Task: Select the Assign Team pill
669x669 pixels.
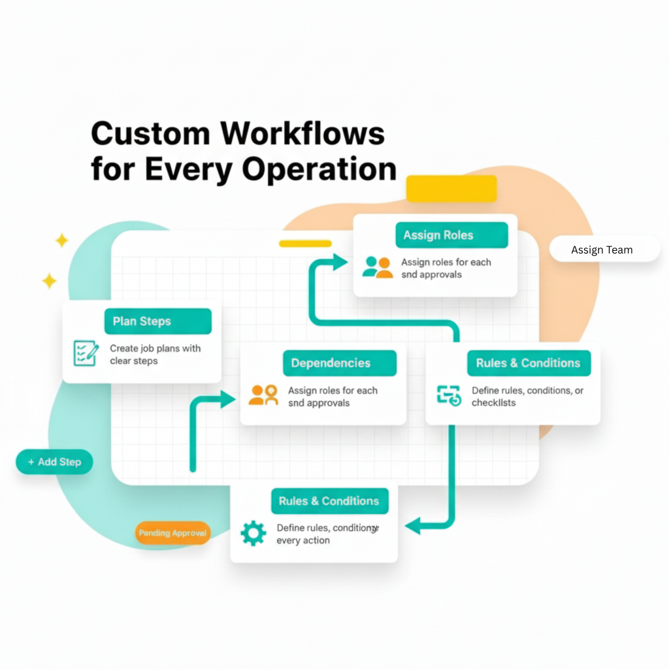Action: [x=602, y=250]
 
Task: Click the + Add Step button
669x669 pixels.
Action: [x=54, y=462]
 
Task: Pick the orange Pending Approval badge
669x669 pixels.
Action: [x=172, y=533]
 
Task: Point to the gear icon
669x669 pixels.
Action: [x=253, y=533]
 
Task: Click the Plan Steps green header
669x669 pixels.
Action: [x=157, y=321]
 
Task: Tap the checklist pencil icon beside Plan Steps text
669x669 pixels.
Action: [x=86, y=353]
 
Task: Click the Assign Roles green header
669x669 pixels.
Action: [x=451, y=235]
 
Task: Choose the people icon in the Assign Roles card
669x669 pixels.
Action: [x=378, y=267]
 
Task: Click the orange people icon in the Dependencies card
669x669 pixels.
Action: [x=264, y=395]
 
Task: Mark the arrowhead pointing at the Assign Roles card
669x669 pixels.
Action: [x=340, y=262]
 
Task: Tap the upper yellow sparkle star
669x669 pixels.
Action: [x=61, y=241]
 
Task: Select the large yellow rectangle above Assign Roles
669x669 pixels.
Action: [x=451, y=189]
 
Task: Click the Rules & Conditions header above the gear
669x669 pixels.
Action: [x=329, y=501]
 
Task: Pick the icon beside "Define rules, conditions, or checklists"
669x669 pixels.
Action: [x=449, y=395]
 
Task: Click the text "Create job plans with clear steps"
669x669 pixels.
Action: [x=155, y=355]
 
